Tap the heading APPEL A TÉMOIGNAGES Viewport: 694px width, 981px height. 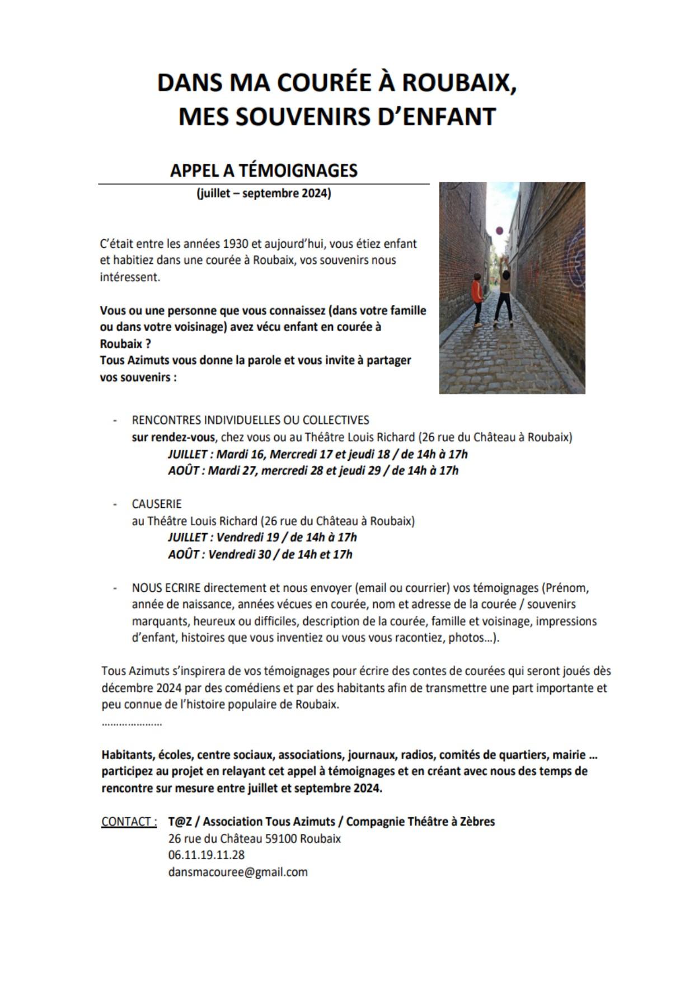[x=264, y=170]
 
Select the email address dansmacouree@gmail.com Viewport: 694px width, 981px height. [x=238, y=872]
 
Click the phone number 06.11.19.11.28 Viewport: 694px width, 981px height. [x=206, y=855]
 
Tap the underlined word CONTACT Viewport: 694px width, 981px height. [x=129, y=822]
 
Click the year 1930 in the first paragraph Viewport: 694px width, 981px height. [x=236, y=244]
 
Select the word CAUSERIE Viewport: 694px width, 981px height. [x=157, y=504]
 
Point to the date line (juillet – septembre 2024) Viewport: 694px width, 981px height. [x=264, y=194]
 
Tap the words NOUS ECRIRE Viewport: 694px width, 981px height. [x=166, y=588]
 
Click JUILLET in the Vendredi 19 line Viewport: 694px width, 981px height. [x=187, y=537]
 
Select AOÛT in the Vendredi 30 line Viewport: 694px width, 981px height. [x=184, y=554]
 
